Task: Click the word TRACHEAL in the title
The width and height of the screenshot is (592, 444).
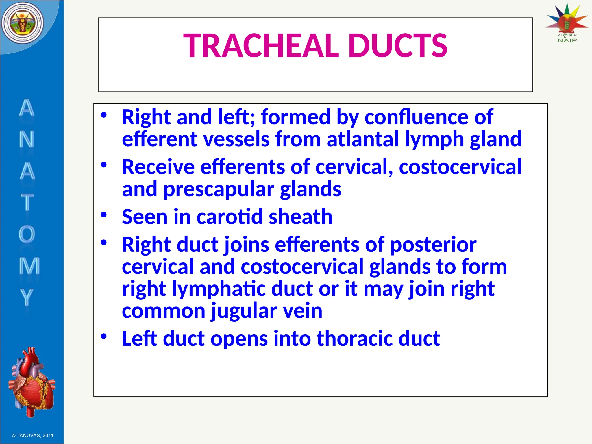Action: pyautogui.click(x=261, y=46)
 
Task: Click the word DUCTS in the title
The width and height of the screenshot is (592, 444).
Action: pyautogui.click(x=398, y=46)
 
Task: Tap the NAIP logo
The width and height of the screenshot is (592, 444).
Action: pyautogui.click(x=567, y=23)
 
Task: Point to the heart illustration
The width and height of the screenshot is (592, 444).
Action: pyautogui.click(x=32, y=382)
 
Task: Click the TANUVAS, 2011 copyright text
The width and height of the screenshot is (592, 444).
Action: pyautogui.click(x=32, y=436)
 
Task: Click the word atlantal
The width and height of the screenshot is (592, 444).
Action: pyautogui.click(x=363, y=139)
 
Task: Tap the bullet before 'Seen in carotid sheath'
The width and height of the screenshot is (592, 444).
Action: pyautogui.click(x=104, y=215)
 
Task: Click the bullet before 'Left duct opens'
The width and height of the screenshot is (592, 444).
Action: pyautogui.click(x=104, y=336)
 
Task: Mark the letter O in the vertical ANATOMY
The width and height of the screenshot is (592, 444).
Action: pyautogui.click(x=27, y=234)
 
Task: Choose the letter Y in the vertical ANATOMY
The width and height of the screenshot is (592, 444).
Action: pyautogui.click(x=26, y=297)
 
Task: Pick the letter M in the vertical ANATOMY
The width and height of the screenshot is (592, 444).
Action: pyautogui.click(x=29, y=265)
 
